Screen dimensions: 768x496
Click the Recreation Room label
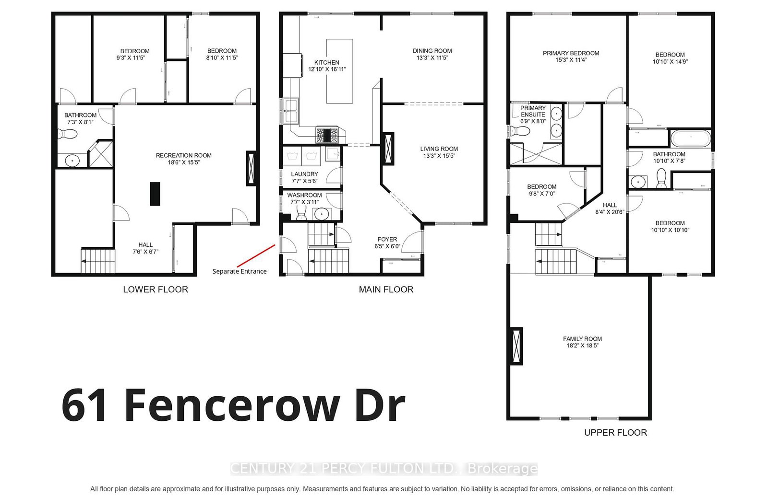(183, 155)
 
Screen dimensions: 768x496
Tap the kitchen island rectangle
(339, 71)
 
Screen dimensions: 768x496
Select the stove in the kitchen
(327, 135)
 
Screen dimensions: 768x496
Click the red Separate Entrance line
(256, 256)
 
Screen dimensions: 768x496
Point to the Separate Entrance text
(240, 271)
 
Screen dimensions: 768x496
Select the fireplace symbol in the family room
(516, 346)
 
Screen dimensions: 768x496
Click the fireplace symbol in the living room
(388, 149)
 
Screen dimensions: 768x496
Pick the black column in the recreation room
(155, 194)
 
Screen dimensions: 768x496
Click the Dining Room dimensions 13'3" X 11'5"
(432, 58)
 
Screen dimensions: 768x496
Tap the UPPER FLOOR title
(615, 433)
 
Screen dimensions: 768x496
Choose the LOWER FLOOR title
(156, 289)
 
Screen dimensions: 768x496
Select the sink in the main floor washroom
(322, 214)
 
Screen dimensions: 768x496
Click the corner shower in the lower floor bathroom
(101, 154)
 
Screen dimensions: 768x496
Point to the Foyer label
(387, 239)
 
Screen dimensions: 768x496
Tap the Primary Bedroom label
(571, 53)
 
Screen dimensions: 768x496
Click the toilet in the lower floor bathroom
(68, 134)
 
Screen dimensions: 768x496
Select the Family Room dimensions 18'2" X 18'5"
(582, 346)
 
